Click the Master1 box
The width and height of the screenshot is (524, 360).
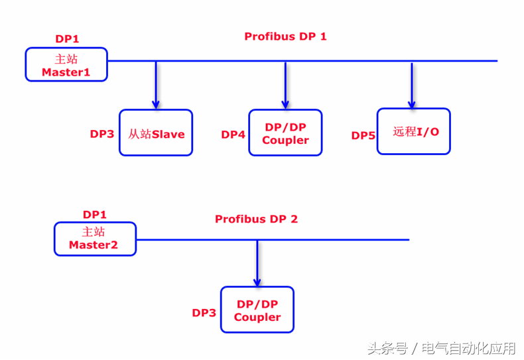(66, 64)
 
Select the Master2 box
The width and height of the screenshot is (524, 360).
(95, 239)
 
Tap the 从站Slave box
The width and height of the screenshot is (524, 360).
(156, 133)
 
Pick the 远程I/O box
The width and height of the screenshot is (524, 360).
(413, 131)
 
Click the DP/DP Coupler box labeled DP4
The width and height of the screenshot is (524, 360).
(285, 133)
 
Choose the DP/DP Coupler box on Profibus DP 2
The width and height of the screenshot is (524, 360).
(257, 310)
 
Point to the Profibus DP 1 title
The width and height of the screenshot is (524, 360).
(285, 36)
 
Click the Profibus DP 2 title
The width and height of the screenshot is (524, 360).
(256, 219)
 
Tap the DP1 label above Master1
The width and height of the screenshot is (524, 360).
(67, 39)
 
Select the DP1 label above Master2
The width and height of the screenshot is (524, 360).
(95, 214)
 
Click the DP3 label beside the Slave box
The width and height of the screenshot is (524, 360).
(102, 134)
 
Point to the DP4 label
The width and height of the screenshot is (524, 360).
(233, 135)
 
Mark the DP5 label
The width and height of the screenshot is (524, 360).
(363, 135)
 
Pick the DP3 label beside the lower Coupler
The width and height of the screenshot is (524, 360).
(204, 312)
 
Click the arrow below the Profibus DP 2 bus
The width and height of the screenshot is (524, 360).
(257, 263)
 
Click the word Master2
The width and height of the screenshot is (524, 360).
(93, 245)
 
